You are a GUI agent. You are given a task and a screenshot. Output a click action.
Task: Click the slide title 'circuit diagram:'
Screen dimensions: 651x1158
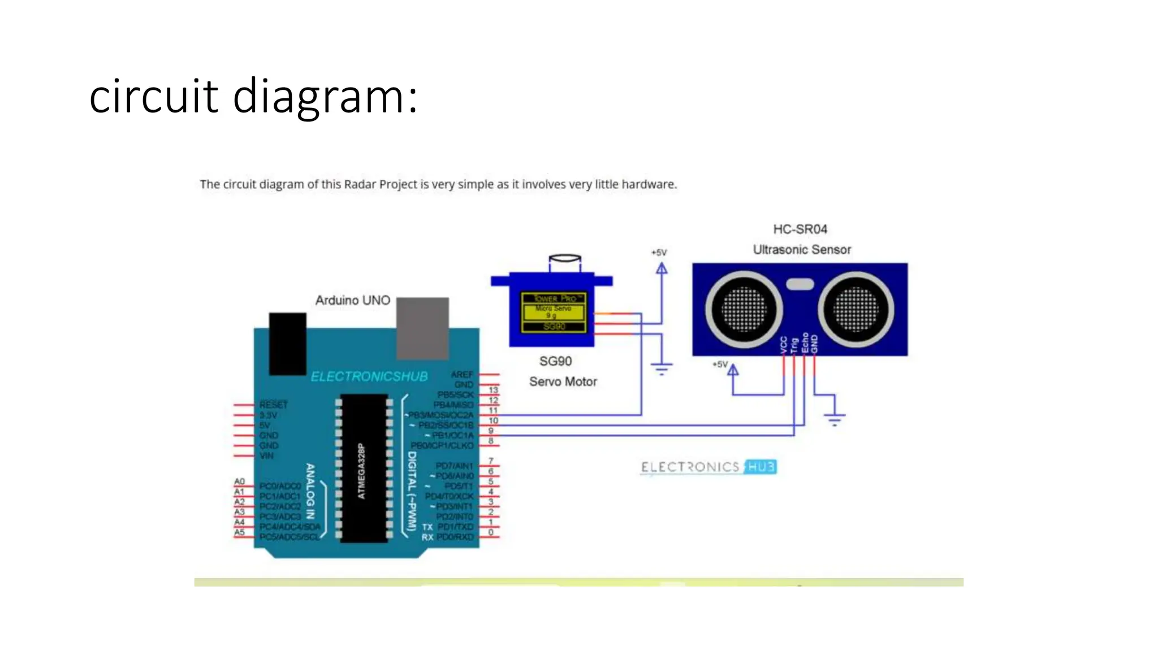click(253, 97)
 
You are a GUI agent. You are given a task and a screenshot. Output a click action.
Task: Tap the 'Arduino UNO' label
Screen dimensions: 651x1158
click(352, 300)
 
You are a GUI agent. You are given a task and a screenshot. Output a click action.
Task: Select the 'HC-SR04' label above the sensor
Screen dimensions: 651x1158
click(800, 229)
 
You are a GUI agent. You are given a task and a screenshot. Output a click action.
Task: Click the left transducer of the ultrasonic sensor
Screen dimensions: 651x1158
click(743, 309)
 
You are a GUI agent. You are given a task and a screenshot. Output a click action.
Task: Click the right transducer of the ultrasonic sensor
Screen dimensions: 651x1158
click(855, 309)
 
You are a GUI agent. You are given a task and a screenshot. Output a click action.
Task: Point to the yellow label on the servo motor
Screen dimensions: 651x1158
click(553, 312)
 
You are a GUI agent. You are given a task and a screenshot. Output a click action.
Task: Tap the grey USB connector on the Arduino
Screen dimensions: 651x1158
click(422, 328)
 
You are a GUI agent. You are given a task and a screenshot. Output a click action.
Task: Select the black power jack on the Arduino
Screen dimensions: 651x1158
click(287, 343)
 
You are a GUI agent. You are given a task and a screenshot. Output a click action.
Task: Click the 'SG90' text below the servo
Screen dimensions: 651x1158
click(555, 361)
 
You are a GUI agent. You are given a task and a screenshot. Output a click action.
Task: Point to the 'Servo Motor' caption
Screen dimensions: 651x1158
click(563, 381)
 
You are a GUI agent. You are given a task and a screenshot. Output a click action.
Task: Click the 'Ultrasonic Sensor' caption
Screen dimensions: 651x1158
click(801, 249)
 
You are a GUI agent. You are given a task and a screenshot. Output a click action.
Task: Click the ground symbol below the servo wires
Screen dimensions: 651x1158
click(661, 369)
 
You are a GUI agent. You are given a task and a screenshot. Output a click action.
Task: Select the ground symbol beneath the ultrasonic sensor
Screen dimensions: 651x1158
click(834, 419)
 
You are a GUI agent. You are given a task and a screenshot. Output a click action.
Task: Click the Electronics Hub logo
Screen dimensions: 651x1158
click(708, 467)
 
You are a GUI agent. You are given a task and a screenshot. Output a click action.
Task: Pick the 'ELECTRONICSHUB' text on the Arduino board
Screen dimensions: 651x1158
click(369, 376)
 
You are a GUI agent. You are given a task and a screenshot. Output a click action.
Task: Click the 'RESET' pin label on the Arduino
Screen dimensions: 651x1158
click(274, 405)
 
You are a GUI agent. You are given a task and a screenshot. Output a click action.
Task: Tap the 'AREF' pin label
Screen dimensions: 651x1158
click(461, 374)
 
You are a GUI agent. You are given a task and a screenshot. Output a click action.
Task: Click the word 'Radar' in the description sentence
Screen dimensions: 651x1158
click(360, 184)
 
